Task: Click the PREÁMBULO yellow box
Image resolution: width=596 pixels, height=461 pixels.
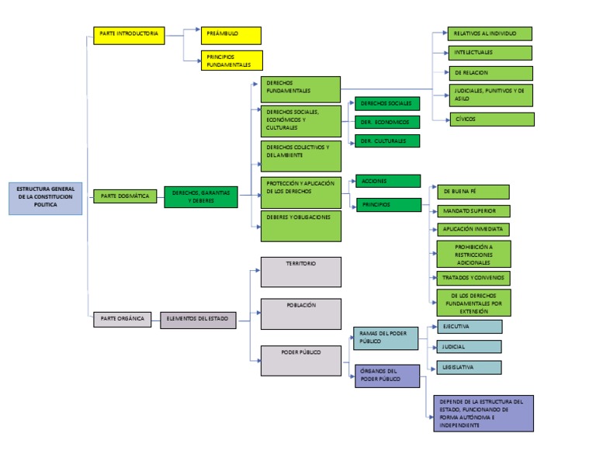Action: coord(230,35)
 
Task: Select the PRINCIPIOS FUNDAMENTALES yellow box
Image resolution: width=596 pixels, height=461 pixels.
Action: coord(231,61)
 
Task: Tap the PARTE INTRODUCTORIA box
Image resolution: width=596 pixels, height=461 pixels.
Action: coord(129,35)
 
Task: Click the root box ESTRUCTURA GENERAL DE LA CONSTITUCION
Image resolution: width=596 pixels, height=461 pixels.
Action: coord(46,198)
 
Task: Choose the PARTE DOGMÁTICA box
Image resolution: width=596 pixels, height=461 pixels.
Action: coord(126,196)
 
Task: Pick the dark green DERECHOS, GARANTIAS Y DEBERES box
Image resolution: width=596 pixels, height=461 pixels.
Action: coord(201,197)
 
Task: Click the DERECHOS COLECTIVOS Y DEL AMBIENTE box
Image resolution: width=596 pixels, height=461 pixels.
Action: coord(301,155)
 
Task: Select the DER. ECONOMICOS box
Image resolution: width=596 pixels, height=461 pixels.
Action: coord(386,122)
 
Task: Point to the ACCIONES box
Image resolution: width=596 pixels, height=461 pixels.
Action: coord(386,181)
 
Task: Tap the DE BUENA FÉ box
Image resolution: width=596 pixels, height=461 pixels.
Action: coord(472,192)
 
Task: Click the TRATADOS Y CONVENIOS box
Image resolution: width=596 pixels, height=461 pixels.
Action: coord(472,278)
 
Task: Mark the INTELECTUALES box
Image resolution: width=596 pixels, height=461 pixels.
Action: coord(490,53)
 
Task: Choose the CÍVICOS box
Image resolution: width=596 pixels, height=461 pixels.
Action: coord(492,120)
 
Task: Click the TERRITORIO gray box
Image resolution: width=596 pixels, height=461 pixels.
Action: coord(300,272)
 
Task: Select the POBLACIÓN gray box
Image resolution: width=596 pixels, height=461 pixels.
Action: coord(300,314)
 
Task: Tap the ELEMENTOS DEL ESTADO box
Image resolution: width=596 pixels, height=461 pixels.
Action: coord(199,319)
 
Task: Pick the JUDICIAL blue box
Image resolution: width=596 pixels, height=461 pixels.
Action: coord(469,347)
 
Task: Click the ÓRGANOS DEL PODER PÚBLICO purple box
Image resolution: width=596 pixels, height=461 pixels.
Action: coord(386,376)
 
